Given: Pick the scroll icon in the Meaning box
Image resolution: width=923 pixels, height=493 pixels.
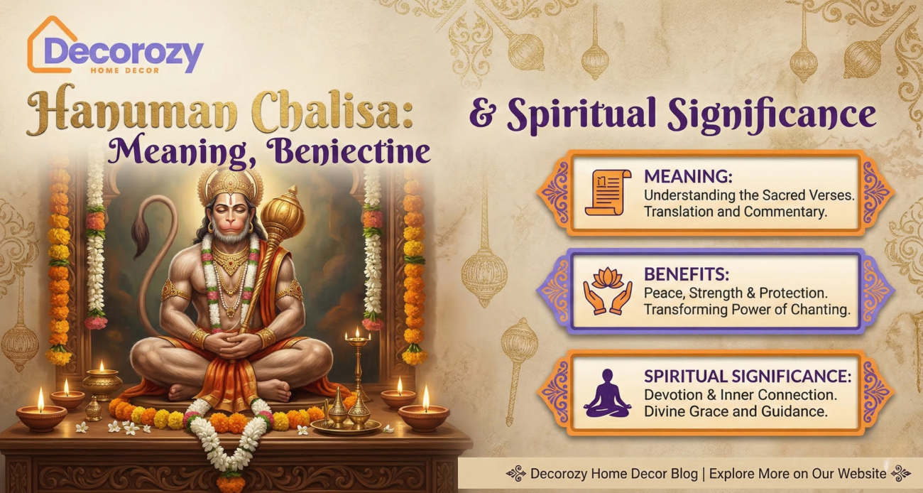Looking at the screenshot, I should tap(607, 193).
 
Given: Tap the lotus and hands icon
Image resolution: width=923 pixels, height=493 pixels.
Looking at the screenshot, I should tap(607, 291).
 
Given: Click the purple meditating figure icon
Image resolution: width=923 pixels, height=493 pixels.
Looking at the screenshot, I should tap(607, 392).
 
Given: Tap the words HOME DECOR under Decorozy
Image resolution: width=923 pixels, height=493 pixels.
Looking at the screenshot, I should tap(124, 70).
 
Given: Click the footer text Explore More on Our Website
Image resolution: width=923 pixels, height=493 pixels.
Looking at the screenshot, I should tap(798, 473).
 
